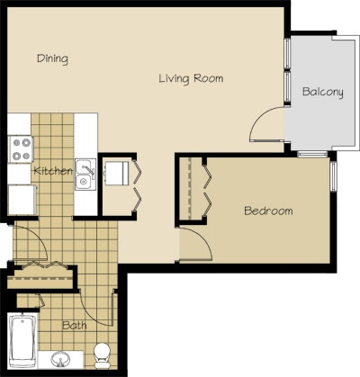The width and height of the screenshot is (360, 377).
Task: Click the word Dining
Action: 53,58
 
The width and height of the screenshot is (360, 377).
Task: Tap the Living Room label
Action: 190,78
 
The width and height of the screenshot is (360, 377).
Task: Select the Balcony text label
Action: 322,92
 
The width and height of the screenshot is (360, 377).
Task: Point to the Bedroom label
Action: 268,211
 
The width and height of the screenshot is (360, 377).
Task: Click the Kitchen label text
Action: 53,171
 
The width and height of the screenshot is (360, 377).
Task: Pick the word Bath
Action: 74,326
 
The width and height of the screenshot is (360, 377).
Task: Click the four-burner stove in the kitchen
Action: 20,148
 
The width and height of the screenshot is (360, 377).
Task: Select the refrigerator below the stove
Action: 20,197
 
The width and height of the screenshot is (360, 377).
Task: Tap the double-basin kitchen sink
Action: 85,173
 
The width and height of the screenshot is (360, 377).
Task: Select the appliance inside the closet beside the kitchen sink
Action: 117,172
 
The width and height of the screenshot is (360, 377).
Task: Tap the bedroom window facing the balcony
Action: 333,175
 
